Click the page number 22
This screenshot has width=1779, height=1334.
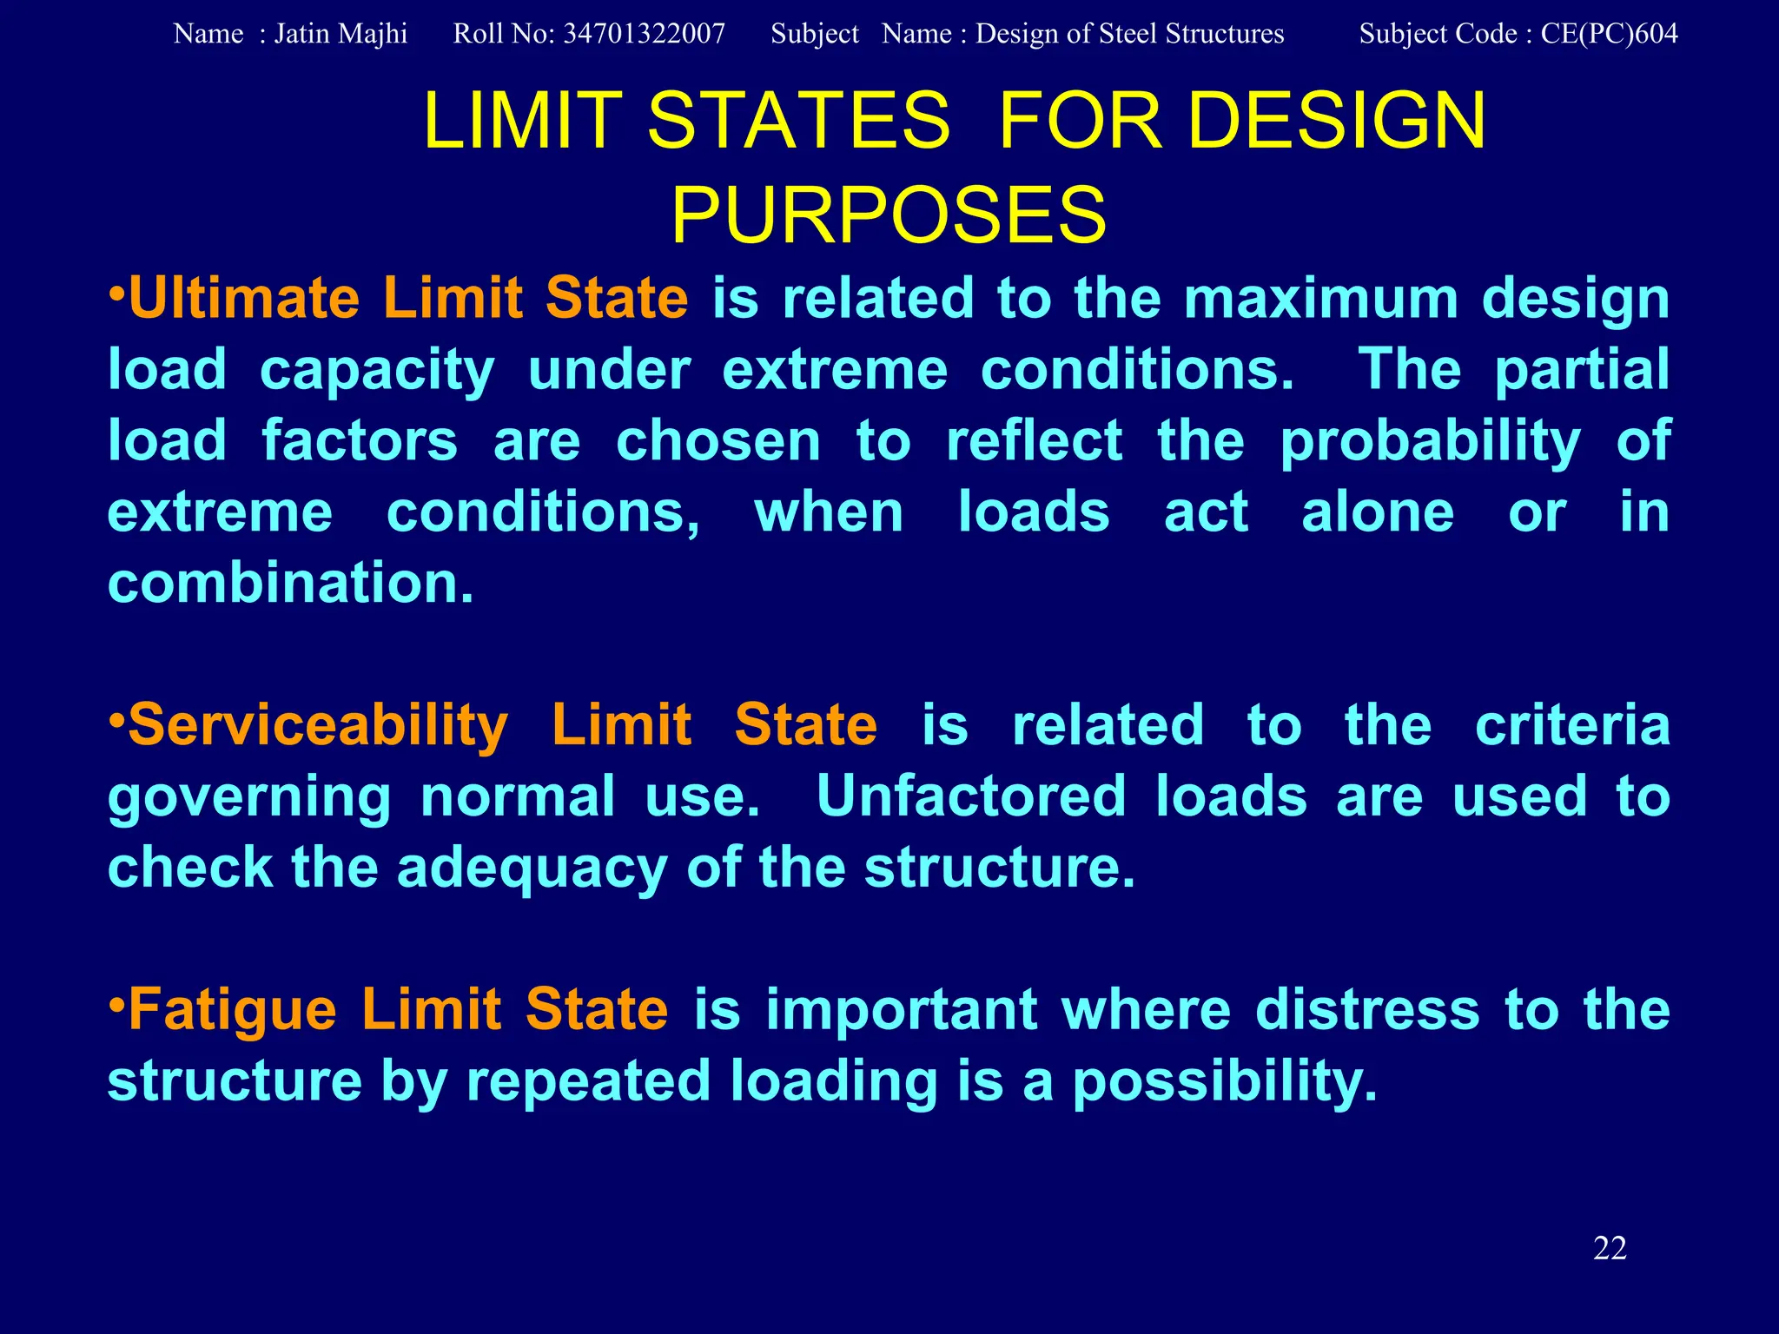(1610, 1248)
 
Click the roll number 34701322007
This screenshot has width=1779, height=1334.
(644, 34)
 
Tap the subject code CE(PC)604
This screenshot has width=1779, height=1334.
(1609, 34)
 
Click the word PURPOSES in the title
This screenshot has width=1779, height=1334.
(889, 215)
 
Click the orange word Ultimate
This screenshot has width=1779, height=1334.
(244, 299)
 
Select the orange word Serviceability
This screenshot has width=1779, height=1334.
(318, 726)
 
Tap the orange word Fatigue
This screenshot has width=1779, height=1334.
(232, 1010)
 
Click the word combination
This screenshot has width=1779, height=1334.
(291, 583)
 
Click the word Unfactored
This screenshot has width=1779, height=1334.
(971, 796)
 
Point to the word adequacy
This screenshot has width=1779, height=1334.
(532, 868)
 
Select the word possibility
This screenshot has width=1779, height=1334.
(1225, 1081)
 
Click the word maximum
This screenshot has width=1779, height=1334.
(1320, 299)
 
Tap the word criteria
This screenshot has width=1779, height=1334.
(1572, 726)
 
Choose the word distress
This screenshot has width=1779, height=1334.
(1367, 1010)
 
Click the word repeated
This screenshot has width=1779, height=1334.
(589, 1081)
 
